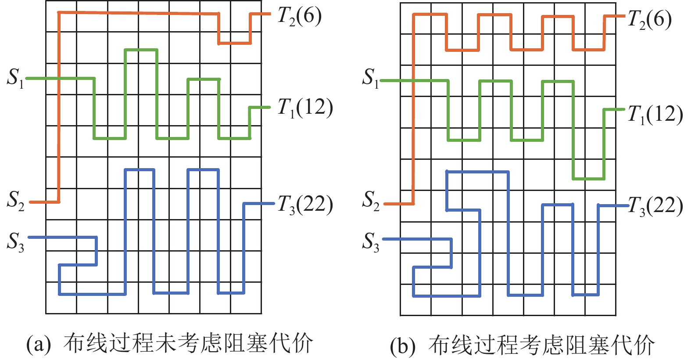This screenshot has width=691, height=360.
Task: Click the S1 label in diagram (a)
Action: tap(15, 78)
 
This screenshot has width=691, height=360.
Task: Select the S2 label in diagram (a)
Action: tap(16, 200)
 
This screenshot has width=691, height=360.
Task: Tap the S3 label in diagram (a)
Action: tap(15, 241)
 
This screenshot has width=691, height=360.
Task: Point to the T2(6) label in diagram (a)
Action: tap(299, 16)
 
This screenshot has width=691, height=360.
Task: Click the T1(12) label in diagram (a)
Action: tap(305, 107)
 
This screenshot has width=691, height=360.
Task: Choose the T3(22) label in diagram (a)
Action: tap(305, 205)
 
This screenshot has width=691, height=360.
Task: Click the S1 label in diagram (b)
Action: tap(370, 78)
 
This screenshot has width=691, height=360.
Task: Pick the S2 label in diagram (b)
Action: tap(371, 200)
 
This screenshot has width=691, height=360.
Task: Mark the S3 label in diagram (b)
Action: tap(371, 241)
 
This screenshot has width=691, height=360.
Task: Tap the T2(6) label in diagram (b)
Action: tap(649, 20)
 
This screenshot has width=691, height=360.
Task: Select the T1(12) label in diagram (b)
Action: tap(655, 114)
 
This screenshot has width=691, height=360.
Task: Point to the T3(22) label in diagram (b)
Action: tap(655, 206)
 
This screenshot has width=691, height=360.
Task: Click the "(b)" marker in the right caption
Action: tap(402, 346)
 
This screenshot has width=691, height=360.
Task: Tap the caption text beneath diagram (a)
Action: tap(189, 343)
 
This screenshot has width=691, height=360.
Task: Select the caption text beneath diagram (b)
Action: tap(541, 345)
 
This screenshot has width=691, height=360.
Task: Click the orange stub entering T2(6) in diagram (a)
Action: tap(261, 14)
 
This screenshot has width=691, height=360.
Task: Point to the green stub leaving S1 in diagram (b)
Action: tap(390, 81)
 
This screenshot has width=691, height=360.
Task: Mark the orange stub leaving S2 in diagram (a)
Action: tap(44, 202)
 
